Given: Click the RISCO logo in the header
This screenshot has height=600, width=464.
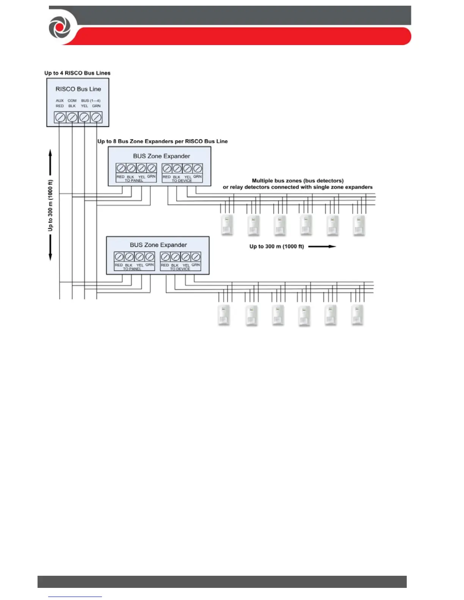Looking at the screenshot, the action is click(60, 28).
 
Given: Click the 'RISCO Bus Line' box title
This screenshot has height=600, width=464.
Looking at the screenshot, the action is click(78, 89).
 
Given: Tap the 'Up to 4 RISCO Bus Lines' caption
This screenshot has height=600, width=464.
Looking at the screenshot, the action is click(77, 73).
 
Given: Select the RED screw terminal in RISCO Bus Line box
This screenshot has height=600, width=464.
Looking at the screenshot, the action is click(60, 117).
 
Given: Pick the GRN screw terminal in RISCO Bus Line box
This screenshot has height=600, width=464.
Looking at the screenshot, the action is click(96, 117).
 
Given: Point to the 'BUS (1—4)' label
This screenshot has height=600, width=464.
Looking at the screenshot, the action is click(91, 101).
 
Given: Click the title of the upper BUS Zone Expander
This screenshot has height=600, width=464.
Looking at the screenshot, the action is click(161, 156).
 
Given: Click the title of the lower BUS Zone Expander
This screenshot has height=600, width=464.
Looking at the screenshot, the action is click(158, 245).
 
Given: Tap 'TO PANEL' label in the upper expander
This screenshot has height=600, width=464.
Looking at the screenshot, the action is click(134, 181).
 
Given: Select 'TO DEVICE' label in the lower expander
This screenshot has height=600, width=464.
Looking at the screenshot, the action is click(180, 269).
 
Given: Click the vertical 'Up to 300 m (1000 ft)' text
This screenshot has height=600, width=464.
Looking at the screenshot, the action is click(50, 205).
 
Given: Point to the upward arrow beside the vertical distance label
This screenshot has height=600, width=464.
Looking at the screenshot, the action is click(50, 163).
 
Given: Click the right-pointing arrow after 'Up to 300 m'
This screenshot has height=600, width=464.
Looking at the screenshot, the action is click(322, 247).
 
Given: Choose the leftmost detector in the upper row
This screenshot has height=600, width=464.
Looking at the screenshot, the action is click(227, 225).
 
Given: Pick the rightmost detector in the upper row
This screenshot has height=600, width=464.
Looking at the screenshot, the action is click(359, 226).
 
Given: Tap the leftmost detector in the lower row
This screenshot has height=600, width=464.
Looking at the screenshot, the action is click(224, 315).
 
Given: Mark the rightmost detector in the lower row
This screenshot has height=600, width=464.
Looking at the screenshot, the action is click(357, 315).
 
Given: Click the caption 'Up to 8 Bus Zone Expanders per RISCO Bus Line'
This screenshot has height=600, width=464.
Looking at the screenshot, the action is click(162, 141).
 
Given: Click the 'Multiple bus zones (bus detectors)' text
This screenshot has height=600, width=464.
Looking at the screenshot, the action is click(298, 181).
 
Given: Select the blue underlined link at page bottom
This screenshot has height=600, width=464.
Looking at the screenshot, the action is click(75, 596).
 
